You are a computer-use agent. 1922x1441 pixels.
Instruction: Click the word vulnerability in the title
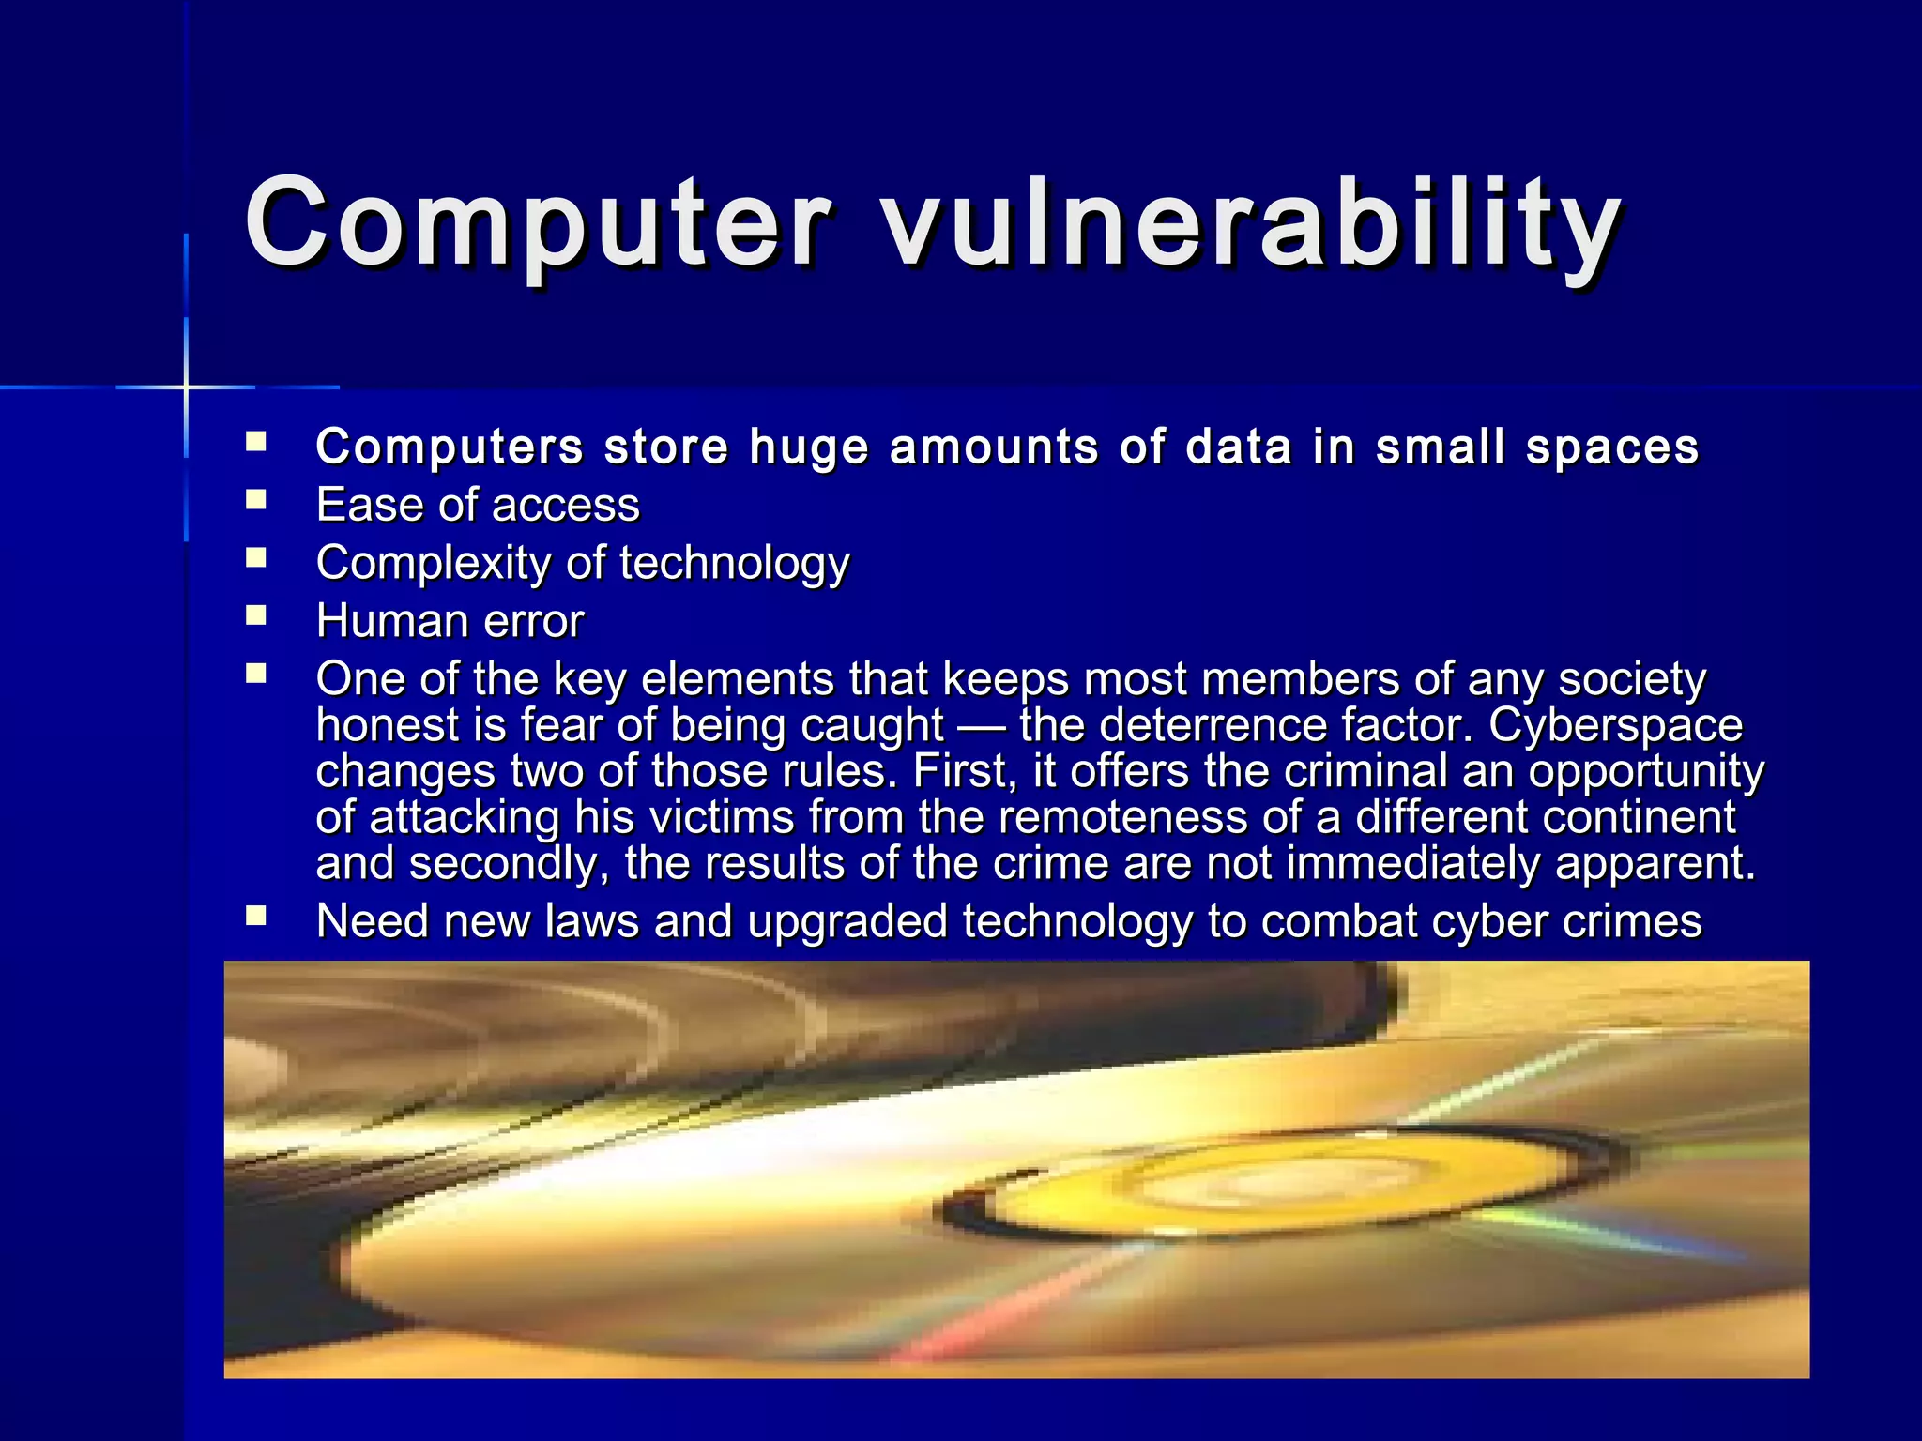pos(1253,225)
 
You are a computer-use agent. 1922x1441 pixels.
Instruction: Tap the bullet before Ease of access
pos(256,499)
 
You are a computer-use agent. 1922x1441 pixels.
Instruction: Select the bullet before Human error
pos(256,615)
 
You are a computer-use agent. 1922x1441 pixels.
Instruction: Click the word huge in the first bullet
pos(809,447)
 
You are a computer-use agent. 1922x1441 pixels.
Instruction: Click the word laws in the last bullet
pos(591,921)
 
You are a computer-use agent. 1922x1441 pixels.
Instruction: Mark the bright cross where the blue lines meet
pos(186,387)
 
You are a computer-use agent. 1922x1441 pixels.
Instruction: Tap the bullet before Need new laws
pos(256,916)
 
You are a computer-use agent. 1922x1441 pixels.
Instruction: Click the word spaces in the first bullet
pos(1612,447)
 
